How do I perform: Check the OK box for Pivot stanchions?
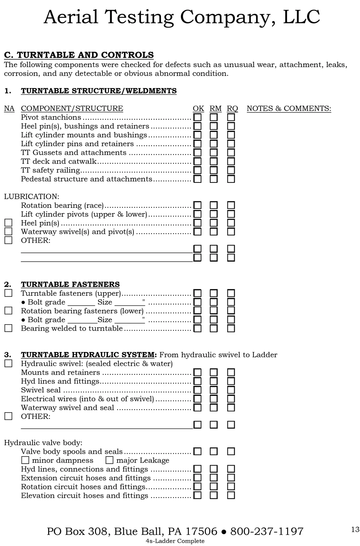(x=197, y=117)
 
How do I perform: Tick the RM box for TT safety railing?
(x=214, y=170)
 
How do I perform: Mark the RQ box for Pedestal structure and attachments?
(x=231, y=179)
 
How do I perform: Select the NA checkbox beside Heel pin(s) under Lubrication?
(x=9, y=223)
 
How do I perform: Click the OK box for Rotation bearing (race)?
(x=197, y=205)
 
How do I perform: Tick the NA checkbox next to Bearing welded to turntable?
(x=9, y=328)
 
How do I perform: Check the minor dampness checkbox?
(x=25, y=460)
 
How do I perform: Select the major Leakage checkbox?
(x=109, y=460)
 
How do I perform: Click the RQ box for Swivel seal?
(x=231, y=390)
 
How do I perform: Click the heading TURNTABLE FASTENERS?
(x=70, y=284)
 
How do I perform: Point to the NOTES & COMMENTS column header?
(x=289, y=108)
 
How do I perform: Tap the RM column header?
(x=215, y=108)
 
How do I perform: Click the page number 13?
(x=355, y=529)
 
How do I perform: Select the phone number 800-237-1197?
(x=267, y=531)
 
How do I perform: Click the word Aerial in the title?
(x=71, y=17)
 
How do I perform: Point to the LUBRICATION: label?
(x=32, y=197)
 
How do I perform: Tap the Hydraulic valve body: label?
(x=43, y=442)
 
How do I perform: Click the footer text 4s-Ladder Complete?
(x=175, y=541)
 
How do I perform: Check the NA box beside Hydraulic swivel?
(x=9, y=363)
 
